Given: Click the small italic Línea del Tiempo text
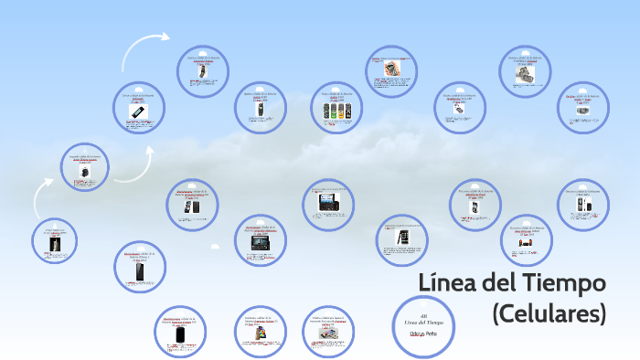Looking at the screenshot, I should tap(424, 322).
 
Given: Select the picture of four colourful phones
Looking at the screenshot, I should tap(337, 111).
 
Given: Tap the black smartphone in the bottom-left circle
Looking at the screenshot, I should tap(182, 335).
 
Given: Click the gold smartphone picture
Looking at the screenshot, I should tap(402, 238).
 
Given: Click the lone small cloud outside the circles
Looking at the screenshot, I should tap(214, 247).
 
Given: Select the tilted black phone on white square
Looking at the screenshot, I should tap(139, 111).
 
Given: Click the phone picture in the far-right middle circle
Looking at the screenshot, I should tap(581, 206).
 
